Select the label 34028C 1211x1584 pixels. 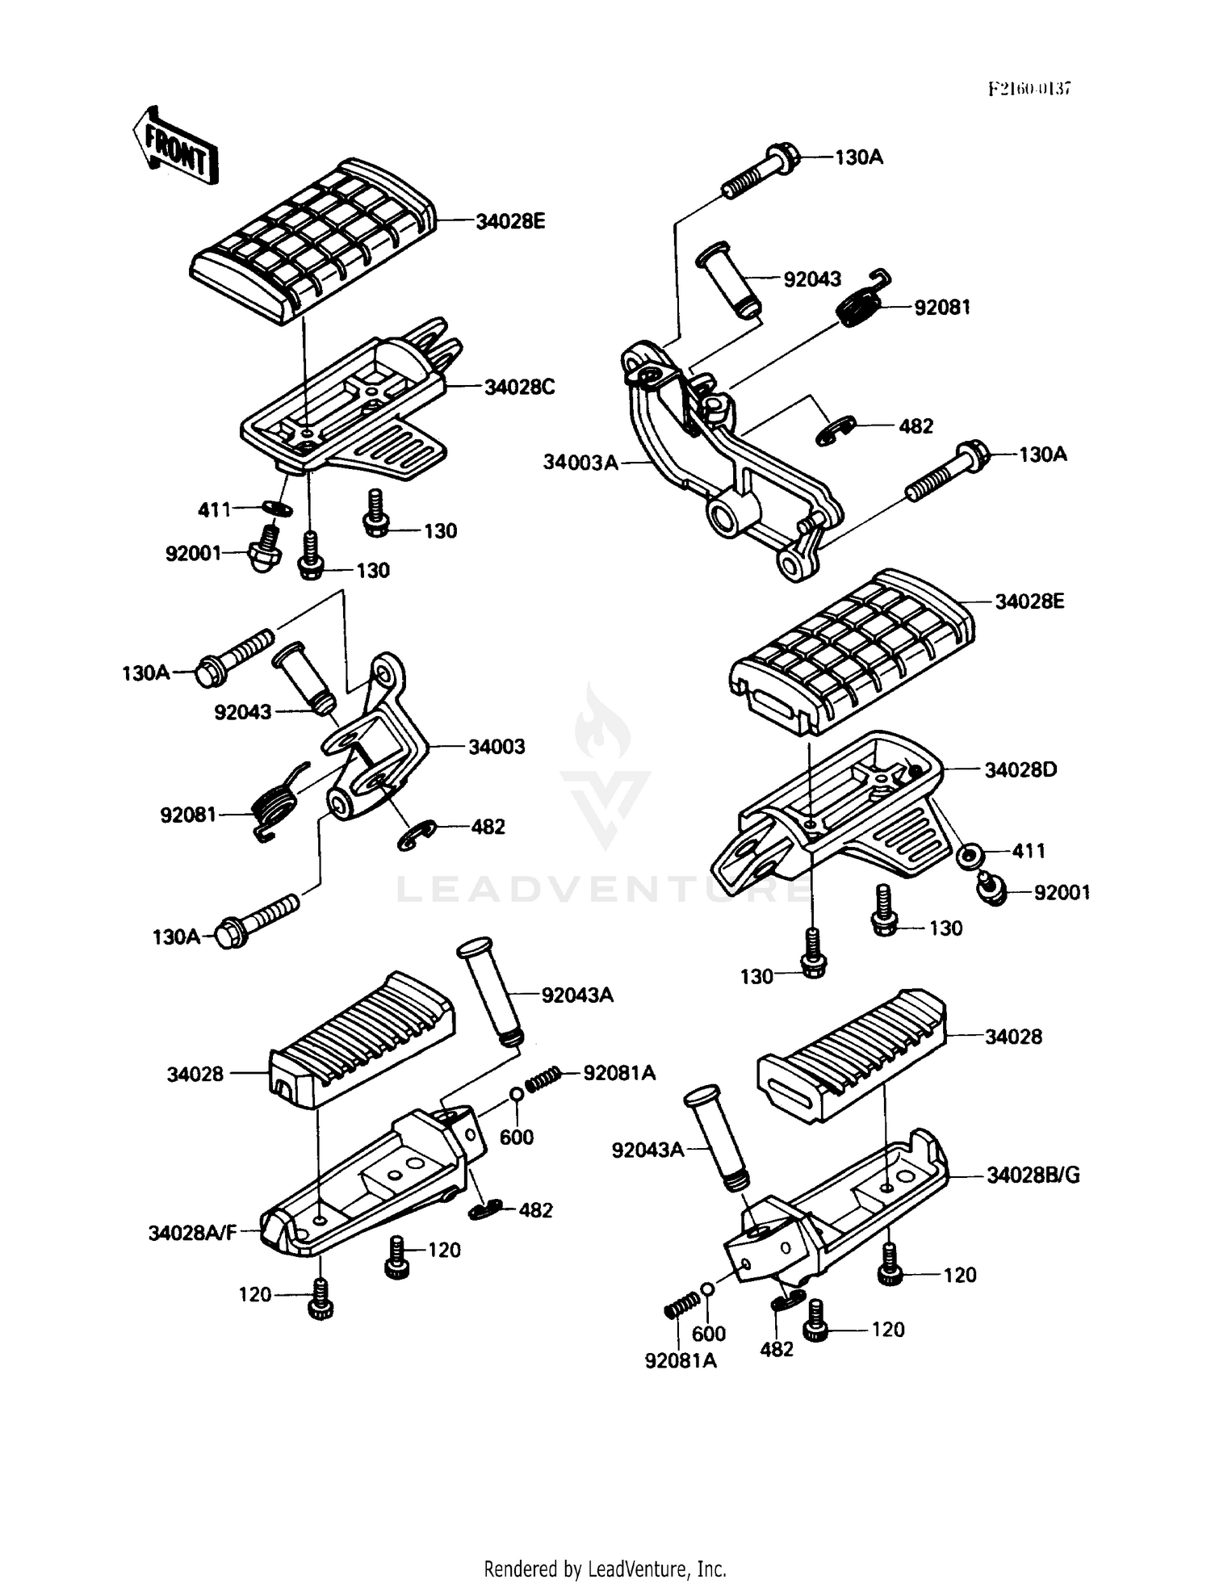click(519, 388)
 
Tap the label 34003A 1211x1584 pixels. click(580, 463)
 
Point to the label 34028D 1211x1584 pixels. click(1020, 770)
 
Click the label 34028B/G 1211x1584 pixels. click(1033, 1175)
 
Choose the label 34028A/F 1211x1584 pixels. click(192, 1233)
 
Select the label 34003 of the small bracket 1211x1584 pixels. click(497, 747)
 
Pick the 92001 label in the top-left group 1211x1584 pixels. click(193, 554)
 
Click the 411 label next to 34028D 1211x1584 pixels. click(1028, 851)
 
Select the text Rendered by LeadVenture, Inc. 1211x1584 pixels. click(605, 1569)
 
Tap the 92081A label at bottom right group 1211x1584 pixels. click(681, 1361)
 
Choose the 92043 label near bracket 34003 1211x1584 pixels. click(242, 712)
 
